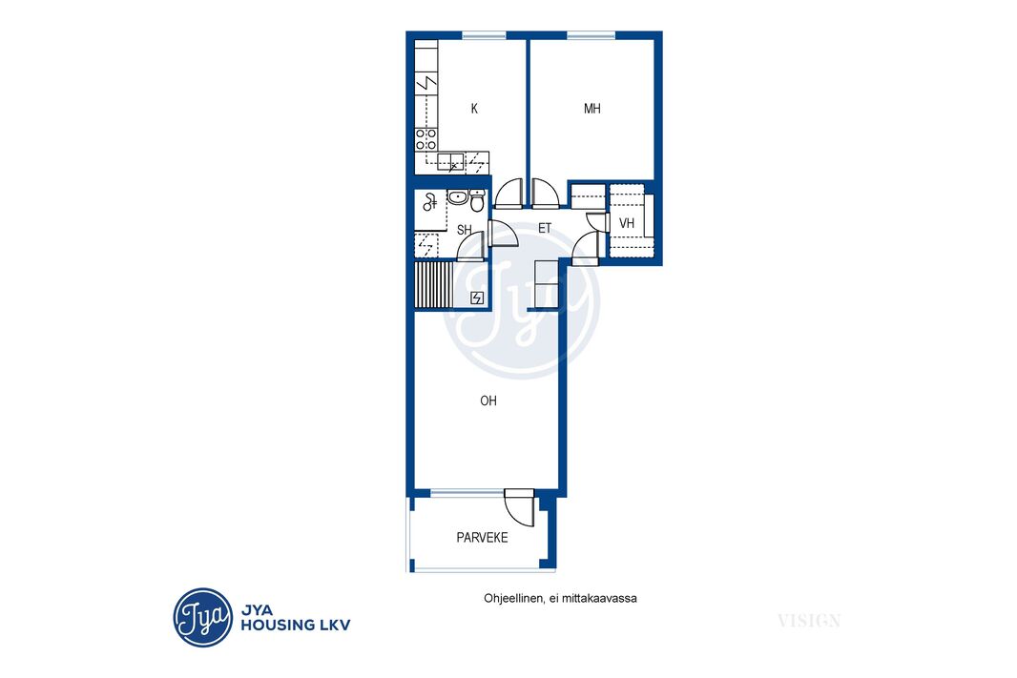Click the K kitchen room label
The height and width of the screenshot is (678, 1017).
point(474,109)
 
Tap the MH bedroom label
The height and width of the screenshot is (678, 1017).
point(592,109)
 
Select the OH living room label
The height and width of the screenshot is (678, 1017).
point(488,401)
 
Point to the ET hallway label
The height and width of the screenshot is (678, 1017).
point(545,228)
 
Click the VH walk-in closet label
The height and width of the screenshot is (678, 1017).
point(627,224)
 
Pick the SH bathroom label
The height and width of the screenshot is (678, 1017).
point(465,230)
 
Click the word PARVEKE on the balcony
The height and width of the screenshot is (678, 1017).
point(482,537)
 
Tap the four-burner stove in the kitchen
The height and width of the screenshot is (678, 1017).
point(426,139)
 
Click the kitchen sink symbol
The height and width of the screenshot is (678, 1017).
point(450,162)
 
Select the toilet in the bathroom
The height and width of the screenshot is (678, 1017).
point(477,201)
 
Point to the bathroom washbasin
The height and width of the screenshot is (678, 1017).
point(458,196)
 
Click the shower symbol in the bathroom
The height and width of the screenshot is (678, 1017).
point(429,202)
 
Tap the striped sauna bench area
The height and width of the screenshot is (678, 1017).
point(433,284)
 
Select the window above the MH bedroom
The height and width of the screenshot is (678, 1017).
point(591,35)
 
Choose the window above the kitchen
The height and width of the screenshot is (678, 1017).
point(484,35)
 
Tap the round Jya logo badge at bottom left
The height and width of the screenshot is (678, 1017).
point(203,617)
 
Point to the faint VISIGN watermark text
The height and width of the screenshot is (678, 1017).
point(809,621)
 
